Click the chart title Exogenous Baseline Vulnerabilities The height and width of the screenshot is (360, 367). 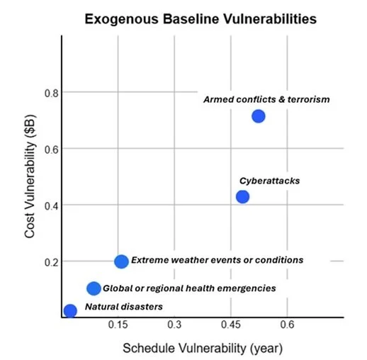(x=201, y=19)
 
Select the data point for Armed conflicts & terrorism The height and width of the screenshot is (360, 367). (x=259, y=116)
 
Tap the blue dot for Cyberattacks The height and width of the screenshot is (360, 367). (x=242, y=196)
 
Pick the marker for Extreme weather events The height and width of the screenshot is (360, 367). (x=121, y=261)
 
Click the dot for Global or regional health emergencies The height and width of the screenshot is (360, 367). (x=94, y=288)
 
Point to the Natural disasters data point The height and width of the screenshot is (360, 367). (x=70, y=310)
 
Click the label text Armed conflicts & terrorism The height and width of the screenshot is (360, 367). (x=266, y=100)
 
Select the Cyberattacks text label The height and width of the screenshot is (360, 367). (x=269, y=181)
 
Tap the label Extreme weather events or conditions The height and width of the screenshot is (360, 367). (x=218, y=260)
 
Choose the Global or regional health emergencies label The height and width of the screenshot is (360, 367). (x=189, y=288)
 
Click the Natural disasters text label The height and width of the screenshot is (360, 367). (x=124, y=307)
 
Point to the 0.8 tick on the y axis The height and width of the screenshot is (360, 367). (x=48, y=93)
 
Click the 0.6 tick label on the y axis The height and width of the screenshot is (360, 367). (x=48, y=149)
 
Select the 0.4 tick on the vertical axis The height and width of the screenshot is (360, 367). (x=48, y=206)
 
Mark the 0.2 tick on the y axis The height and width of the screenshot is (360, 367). (x=48, y=261)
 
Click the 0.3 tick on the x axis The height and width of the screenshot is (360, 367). (x=175, y=327)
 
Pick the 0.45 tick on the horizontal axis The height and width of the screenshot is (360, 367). (x=230, y=327)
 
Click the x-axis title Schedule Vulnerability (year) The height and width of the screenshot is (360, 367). (x=203, y=348)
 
